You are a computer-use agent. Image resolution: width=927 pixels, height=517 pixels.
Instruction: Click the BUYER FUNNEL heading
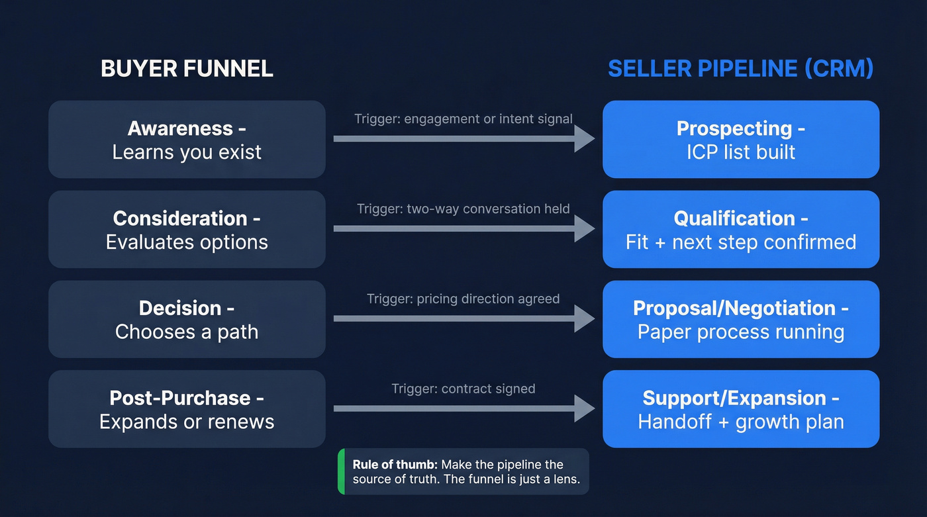coord(187,69)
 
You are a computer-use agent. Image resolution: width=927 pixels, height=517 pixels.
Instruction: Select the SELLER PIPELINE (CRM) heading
coord(740,69)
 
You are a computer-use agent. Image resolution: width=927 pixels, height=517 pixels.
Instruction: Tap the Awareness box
coord(187,140)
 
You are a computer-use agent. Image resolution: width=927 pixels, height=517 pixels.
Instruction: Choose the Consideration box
coord(187,230)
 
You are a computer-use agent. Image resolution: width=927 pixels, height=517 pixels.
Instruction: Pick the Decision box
coord(187,319)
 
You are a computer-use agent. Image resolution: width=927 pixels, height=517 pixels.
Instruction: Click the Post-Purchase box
coord(187,409)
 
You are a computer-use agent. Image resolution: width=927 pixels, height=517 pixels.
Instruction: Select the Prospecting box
coord(741,140)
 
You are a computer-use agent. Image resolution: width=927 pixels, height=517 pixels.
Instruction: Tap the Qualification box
coord(741,230)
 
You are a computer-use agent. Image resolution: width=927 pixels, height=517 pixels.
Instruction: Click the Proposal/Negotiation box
coord(741,319)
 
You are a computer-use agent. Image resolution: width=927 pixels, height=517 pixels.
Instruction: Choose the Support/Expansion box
coord(741,409)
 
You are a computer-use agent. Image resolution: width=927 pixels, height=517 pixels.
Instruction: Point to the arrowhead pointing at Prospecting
coord(584,139)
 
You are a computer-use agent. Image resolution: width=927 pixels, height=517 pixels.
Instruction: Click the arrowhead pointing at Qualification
coord(584,229)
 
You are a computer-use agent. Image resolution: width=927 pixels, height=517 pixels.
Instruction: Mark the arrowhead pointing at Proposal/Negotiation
coord(584,318)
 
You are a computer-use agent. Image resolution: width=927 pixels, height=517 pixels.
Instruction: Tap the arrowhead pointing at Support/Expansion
coord(584,408)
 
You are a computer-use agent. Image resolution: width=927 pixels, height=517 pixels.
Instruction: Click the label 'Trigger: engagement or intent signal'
coord(463,119)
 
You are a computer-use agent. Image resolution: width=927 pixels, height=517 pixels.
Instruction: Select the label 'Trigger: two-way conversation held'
coord(463,209)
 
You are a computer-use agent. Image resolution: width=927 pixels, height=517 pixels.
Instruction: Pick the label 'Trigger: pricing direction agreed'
coord(463,299)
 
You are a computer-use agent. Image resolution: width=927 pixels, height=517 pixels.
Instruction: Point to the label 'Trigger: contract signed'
coord(463,389)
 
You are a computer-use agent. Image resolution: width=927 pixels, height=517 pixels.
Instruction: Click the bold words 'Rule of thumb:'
coord(395,464)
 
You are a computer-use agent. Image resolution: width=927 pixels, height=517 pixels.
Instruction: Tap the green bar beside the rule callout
coord(341,471)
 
